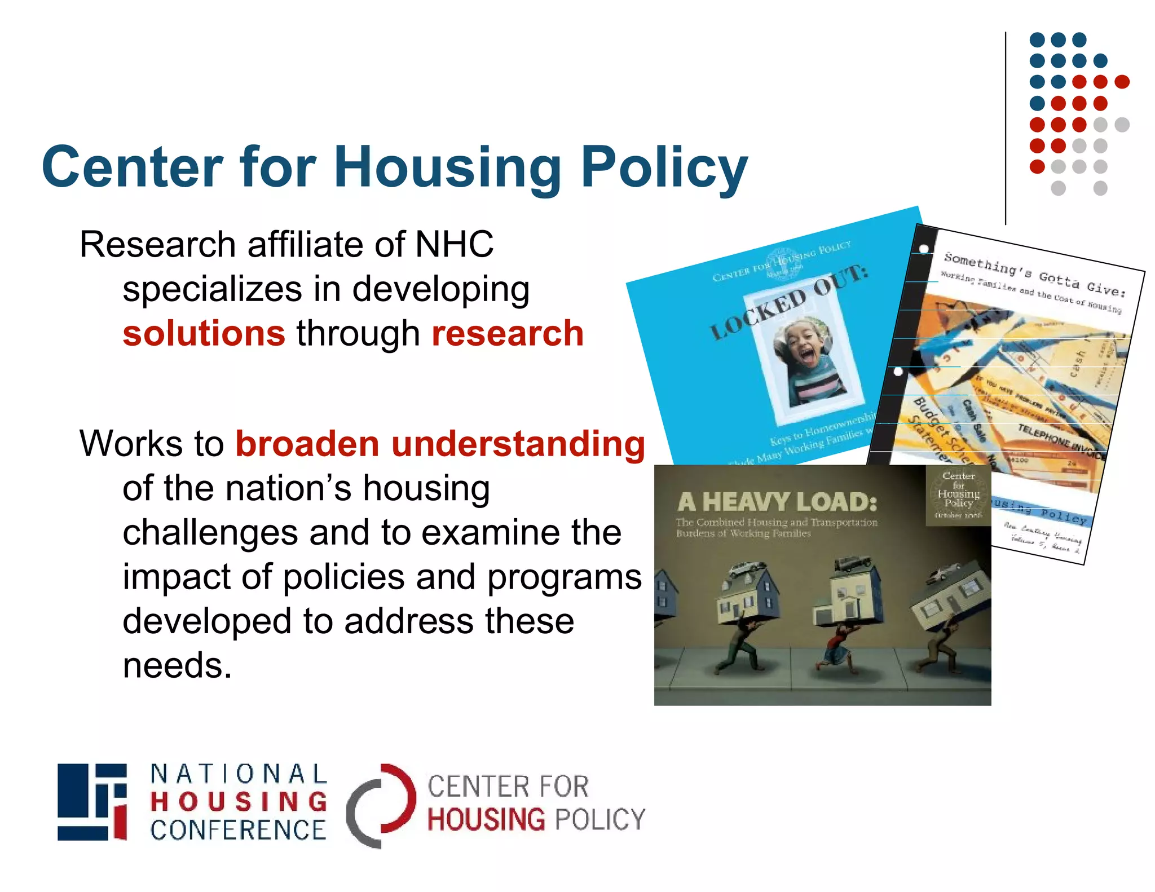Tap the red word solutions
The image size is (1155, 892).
click(204, 333)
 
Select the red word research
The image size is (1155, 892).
click(508, 333)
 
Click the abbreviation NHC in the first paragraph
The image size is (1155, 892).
click(454, 245)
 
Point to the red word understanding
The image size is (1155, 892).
click(518, 444)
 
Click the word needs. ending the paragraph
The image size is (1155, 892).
click(177, 665)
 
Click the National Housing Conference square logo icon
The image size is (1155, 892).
click(92, 802)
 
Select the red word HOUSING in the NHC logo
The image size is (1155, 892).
click(239, 802)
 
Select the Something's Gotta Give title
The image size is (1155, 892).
click(1034, 275)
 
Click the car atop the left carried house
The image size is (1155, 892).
click(747, 567)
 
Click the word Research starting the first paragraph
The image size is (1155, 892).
click(158, 245)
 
